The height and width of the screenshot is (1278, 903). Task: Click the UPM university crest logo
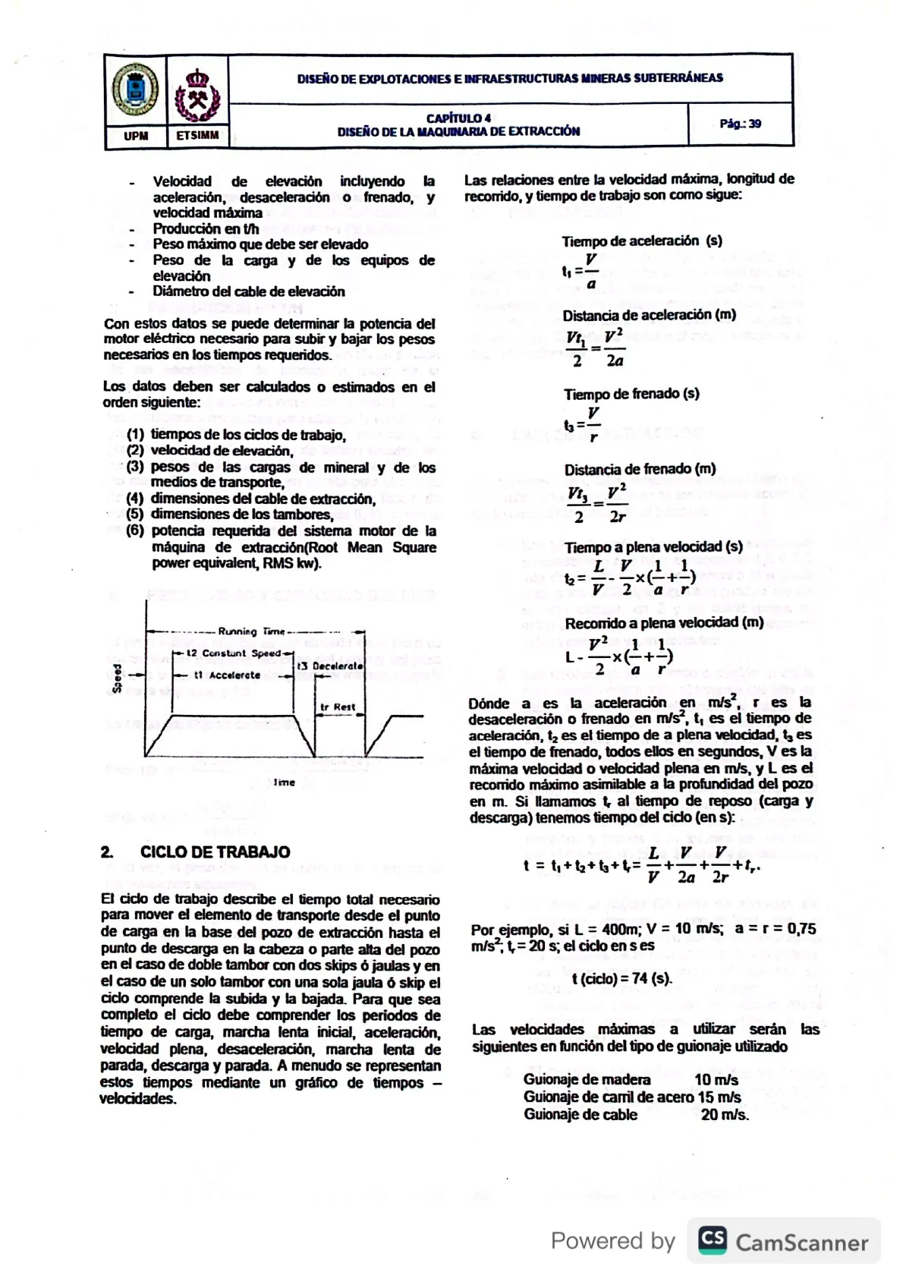(x=135, y=90)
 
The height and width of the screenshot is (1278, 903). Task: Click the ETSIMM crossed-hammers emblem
(x=197, y=96)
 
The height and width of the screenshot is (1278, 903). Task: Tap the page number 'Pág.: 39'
(x=740, y=124)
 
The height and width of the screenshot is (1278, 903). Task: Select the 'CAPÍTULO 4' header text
(x=458, y=118)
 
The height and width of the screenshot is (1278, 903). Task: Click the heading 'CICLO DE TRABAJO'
(x=215, y=852)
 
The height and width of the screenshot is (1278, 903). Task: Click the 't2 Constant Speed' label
(x=233, y=653)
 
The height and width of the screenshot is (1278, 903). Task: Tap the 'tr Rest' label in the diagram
(x=338, y=707)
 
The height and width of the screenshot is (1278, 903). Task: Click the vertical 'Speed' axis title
(x=118, y=678)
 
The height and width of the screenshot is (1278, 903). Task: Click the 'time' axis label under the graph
(x=284, y=782)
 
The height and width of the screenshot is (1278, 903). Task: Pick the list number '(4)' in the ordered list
(x=135, y=499)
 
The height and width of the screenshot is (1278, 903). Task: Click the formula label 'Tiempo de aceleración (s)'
(x=641, y=241)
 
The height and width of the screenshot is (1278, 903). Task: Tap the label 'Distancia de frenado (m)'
(x=640, y=469)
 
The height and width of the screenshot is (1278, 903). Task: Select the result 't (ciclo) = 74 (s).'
(x=621, y=978)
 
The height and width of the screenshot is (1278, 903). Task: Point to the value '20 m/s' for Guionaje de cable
(x=724, y=1115)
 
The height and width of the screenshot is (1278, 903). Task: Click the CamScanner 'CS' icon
(x=712, y=1240)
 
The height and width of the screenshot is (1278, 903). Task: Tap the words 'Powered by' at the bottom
(x=612, y=1241)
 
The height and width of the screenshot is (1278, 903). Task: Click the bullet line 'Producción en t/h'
(x=206, y=228)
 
